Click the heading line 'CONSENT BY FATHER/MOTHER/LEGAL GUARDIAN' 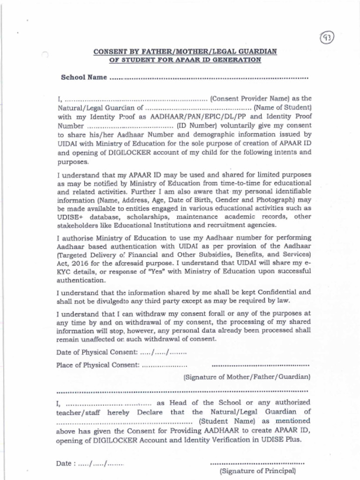[185, 51]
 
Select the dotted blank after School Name [209, 78]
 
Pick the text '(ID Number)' [196, 126]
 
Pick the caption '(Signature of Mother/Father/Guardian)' [247, 376]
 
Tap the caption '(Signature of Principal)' [258, 470]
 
